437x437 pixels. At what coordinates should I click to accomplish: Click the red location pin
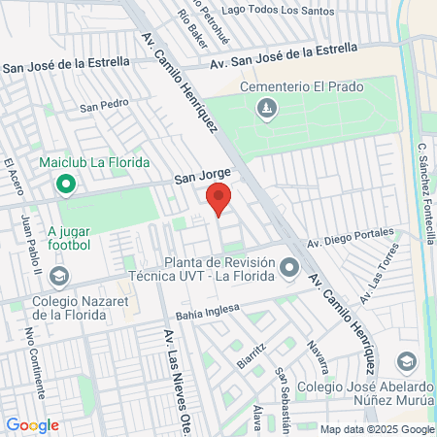pos(218,199)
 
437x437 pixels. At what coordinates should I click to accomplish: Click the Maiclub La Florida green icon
pos(66,183)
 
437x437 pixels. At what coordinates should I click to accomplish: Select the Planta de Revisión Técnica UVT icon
pos(289,267)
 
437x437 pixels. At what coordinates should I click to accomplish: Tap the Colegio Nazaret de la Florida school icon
pos(59,278)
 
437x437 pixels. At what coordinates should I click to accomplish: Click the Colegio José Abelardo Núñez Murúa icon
pos(407,361)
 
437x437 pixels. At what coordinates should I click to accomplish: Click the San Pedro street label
pos(104,105)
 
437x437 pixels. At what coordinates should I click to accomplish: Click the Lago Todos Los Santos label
pos(277,10)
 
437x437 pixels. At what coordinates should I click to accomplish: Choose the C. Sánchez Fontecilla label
pos(424,194)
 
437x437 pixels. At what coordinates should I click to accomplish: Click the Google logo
pos(32,424)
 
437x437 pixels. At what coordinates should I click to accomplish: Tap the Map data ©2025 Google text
pos(377,429)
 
